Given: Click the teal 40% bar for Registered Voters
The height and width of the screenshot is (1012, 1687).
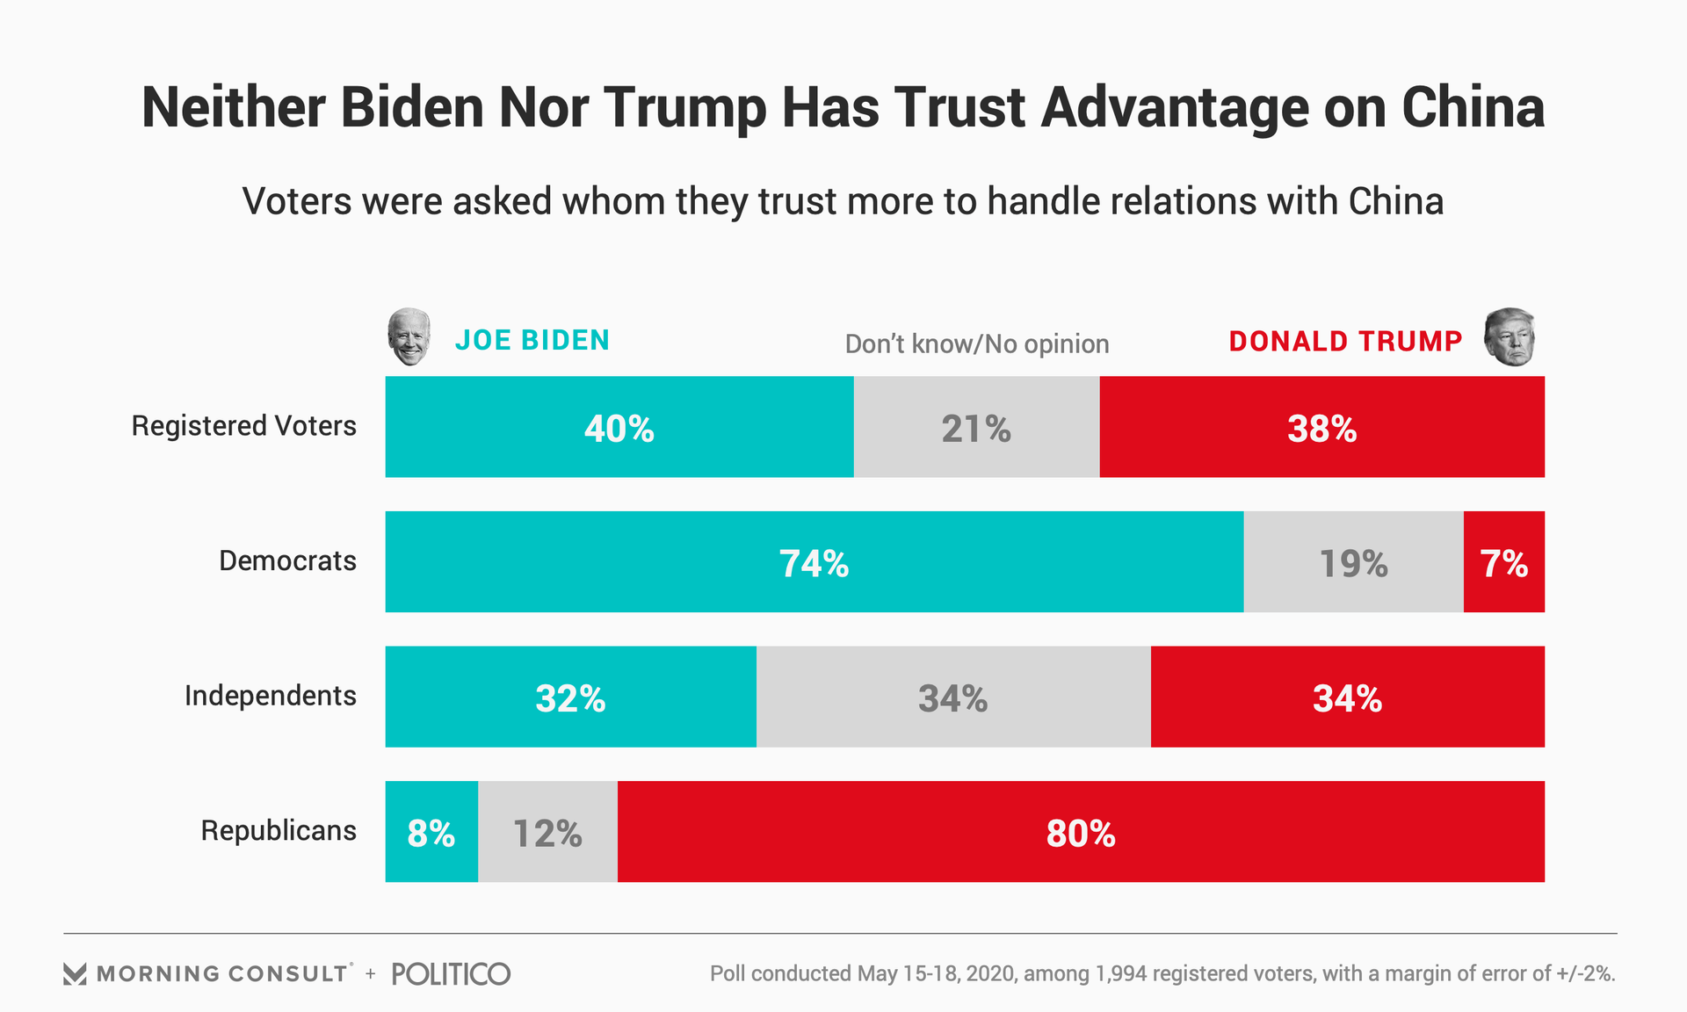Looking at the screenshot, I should [x=619, y=427].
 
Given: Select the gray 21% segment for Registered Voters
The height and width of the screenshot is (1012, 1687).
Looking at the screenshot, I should [x=976, y=427].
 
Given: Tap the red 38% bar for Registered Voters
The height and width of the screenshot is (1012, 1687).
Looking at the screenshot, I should [x=1321, y=427].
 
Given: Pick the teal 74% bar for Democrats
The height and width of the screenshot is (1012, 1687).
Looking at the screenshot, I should [x=814, y=562].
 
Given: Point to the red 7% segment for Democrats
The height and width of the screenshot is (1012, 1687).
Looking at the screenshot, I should [x=1503, y=562].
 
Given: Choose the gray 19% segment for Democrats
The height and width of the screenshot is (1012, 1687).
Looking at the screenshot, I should [x=1353, y=562].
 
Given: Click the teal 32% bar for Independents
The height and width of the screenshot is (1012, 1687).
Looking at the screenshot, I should [x=570, y=697].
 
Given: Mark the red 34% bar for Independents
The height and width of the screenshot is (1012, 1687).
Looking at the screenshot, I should [x=1347, y=697].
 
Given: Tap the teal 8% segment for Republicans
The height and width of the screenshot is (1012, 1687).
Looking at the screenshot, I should [x=431, y=832].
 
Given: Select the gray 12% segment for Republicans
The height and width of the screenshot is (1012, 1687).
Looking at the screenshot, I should [x=547, y=832].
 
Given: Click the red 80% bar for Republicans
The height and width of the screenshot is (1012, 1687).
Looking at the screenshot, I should [x=1081, y=832].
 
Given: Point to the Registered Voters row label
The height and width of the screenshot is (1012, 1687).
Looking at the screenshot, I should [x=243, y=426].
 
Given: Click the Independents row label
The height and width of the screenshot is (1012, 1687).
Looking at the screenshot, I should [x=270, y=696].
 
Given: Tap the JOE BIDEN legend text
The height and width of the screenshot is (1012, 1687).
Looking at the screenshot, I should [x=532, y=341].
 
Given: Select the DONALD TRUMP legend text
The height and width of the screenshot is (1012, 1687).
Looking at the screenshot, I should [x=1345, y=341].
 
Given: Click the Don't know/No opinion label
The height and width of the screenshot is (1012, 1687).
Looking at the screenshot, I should [x=976, y=343].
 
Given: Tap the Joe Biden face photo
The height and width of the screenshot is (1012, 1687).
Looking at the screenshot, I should [x=409, y=336].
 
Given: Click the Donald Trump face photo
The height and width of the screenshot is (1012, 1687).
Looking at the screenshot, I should [x=1510, y=336].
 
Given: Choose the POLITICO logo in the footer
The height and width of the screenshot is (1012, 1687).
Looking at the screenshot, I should [x=451, y=973].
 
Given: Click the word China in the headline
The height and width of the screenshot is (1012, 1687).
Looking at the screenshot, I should [x=1473, y=108].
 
